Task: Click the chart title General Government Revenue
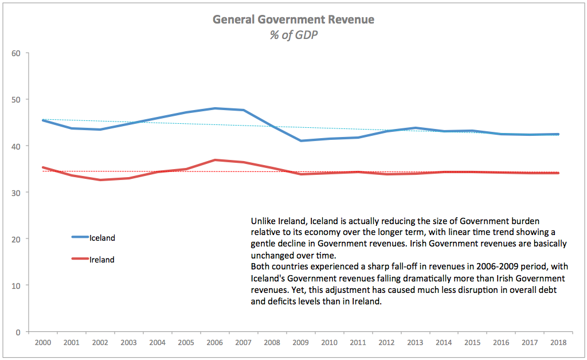(293, 19)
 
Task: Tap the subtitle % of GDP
(293, 34)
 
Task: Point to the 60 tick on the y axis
(16, 53)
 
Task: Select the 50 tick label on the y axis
(16, 100)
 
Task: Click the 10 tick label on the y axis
(16, 285)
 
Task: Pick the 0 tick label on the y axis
(18, 332)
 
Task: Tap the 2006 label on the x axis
(215, 343)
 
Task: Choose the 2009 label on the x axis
(301, 343)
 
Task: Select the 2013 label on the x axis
(415, 343)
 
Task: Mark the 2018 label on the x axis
(558, 343)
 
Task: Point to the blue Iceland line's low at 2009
(301, 140)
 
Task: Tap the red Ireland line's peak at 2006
(215, 160)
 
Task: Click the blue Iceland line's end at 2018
(558, 134)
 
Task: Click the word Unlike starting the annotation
(263, 221)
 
